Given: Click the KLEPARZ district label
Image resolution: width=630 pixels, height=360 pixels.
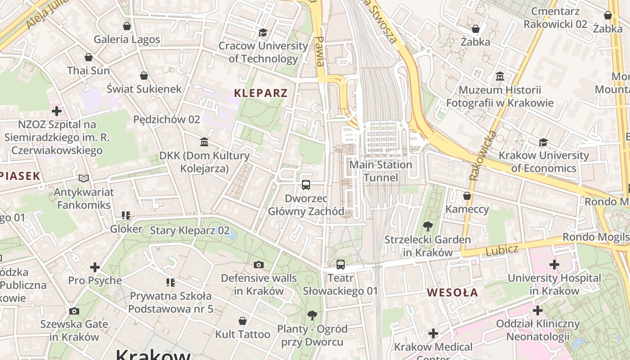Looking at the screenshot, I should tap(261, 93).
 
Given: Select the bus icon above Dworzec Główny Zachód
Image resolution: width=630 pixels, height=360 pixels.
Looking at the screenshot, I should tap(306, 184).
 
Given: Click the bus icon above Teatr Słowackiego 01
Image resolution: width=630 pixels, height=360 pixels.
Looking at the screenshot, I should tap(341, 265).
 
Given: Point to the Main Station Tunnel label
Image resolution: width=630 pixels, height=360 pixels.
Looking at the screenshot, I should tap(381, 171).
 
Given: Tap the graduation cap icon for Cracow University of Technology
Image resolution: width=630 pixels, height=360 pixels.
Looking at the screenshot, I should tap(263, 32).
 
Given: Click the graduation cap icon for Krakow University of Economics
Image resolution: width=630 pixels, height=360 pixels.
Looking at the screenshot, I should tap(544, 143).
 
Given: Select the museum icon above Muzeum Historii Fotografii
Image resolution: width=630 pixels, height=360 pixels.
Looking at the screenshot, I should tap(499, 76).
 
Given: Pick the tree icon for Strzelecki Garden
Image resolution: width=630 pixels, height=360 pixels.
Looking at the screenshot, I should tap(427, 226).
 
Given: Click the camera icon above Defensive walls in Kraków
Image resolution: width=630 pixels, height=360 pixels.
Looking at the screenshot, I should tap(258, 265).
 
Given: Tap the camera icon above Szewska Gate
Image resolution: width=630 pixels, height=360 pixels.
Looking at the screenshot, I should tap(74, 311).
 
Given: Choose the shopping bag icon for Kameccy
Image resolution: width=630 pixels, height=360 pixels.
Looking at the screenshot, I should tap(467, 196).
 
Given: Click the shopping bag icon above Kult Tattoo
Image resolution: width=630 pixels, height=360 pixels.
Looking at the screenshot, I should tap(243, 321).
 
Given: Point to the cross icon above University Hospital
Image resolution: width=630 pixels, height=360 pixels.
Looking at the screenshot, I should tap(554, 265).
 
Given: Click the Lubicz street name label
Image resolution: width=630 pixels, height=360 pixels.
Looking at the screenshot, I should tap(502, 250).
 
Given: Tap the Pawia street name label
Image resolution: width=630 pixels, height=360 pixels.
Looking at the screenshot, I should tap(319, 51).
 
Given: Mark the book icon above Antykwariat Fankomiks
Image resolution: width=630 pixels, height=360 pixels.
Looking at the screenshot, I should tap(83, 179).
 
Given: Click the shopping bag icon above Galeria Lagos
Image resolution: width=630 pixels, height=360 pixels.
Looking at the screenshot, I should tap(127, 26).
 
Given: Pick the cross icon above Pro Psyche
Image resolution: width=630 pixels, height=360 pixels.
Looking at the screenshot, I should tap(95, 267).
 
